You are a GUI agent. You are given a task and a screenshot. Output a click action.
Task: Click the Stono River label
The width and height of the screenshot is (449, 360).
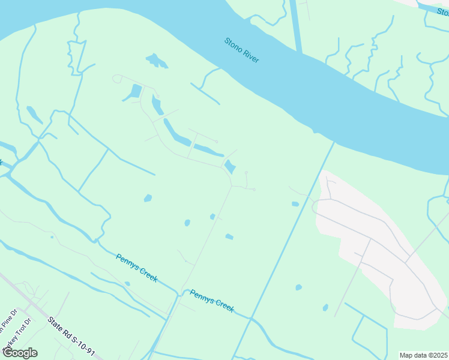click(x=241, y=50)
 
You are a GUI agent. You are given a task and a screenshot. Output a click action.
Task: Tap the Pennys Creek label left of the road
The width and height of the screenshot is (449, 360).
click(x=136, y=267)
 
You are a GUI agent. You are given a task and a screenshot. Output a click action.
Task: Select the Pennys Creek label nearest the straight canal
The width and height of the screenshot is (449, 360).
click(x=212, y=300)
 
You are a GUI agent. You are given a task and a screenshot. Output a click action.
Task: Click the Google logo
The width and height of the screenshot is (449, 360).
click(x=20, y=353)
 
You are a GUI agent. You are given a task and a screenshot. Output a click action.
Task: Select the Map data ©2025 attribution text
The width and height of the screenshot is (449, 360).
click(x=423, y=355)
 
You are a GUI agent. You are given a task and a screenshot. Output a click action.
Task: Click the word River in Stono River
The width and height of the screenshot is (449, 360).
click(x=250, y=56)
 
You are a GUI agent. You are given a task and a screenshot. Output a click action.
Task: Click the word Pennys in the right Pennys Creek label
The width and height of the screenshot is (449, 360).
click(x=201, y=295)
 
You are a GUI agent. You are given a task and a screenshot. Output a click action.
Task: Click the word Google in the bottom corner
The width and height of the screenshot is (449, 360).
click(x=20, y=353)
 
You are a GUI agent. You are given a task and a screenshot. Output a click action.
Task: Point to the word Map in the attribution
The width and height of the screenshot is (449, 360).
click(x=406, y=355)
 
